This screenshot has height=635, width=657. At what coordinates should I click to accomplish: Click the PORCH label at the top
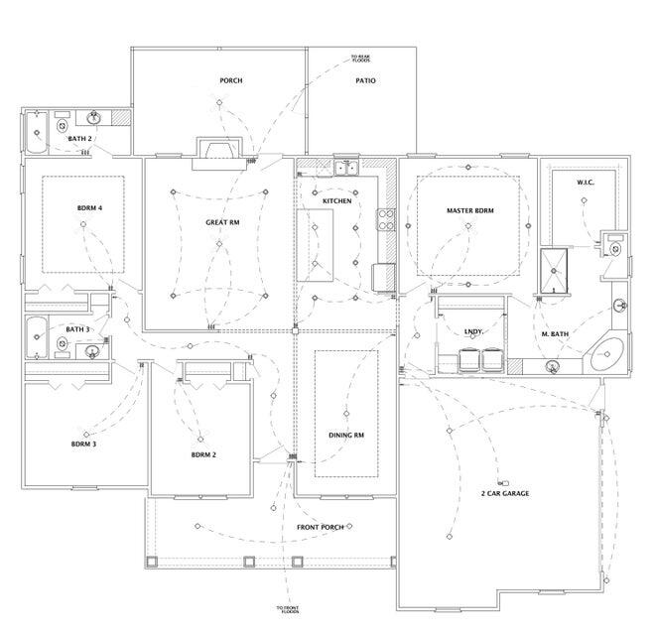click(x=230, y=80)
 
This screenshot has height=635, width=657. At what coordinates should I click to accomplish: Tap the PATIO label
click(x=365, y=80)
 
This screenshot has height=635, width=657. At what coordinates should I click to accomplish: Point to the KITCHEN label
click(x=336, y=201)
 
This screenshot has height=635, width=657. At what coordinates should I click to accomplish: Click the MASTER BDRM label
click(x=469, y=210)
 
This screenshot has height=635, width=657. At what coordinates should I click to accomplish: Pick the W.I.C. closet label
click(x=586, y=183)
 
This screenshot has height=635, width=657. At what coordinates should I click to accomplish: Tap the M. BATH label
click(x=555, y=334)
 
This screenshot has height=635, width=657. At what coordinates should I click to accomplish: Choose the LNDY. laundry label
click(x=474, y=332)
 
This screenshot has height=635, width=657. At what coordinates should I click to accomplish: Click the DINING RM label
click(x=346, y=435)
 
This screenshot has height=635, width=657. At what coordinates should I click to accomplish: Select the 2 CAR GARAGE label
click(x=505, y=493)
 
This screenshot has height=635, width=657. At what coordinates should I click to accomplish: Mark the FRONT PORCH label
click(x=321, y=527)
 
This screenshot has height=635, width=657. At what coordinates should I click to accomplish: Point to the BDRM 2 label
click(x=202, y=455)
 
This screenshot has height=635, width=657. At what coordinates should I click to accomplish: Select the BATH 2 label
click(x=80, y=138)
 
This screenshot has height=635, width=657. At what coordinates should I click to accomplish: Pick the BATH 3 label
click(x=77, y=328)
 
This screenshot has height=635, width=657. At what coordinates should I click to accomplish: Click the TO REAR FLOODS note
click(x=361, y=59)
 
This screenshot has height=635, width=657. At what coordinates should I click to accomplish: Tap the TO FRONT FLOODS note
click(x=289, y=609)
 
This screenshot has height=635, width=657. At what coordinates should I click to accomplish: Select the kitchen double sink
click(x=345, y=168)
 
